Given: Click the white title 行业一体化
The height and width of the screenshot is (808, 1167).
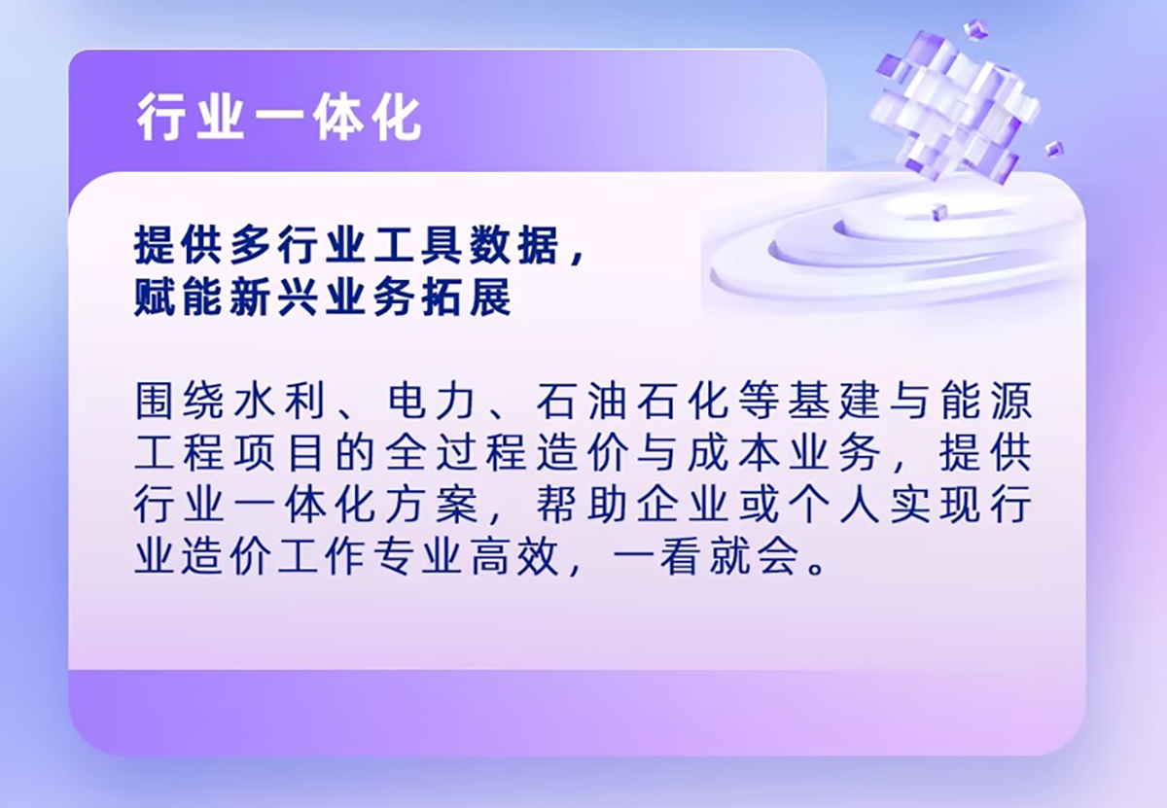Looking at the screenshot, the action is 279,120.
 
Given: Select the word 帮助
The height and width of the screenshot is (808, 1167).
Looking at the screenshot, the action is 582,505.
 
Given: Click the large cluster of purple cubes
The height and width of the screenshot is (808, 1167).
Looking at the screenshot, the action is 953,107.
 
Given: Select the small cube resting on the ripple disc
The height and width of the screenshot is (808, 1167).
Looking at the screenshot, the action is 939,213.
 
